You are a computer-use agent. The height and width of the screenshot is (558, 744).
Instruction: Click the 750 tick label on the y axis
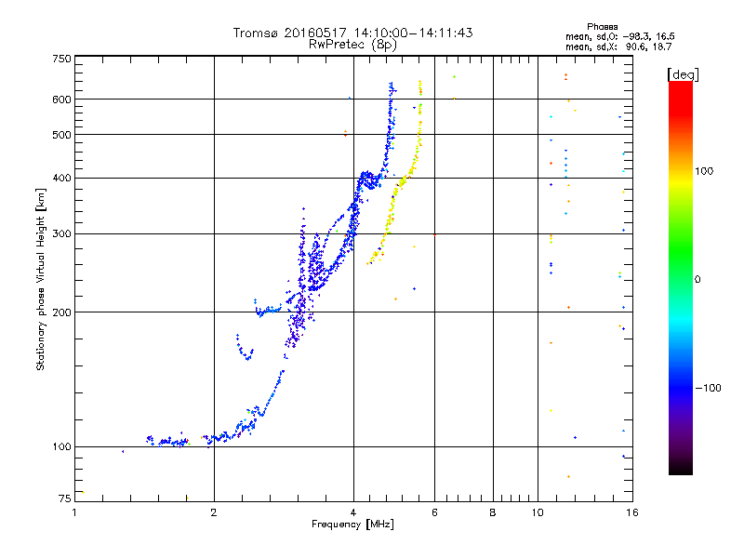coord(61,59)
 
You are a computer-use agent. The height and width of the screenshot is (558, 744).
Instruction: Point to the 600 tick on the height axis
coord(61,100)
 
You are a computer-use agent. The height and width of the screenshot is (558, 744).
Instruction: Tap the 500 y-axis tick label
coord(61,135)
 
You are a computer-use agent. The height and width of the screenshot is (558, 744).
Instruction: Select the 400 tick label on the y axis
coord(61,178)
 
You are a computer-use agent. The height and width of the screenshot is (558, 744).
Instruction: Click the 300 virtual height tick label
coord(61,233)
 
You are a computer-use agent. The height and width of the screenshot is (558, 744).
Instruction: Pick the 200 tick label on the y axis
coord(61,312)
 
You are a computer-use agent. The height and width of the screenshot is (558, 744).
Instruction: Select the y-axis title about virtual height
coord(41,279)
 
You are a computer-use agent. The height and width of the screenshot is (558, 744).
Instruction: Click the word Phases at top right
coord(604,26)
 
